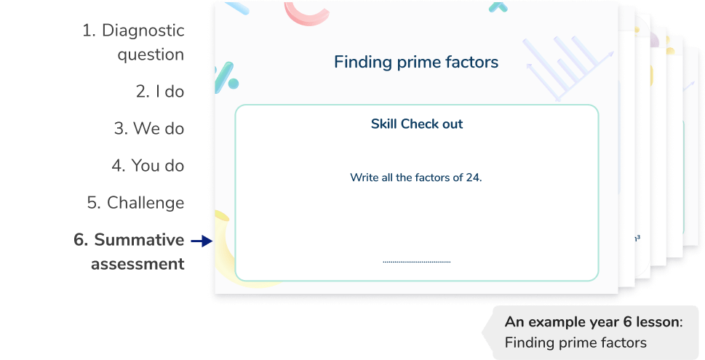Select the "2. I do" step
159,92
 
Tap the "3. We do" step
148,129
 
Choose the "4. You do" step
148,166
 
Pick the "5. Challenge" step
135,202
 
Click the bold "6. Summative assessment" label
130,252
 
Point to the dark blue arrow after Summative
199,241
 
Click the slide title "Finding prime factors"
415,62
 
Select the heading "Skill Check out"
416,124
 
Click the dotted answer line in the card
416,262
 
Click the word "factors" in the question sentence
434,177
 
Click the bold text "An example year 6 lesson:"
593,323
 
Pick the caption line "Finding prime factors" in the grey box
575,342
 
